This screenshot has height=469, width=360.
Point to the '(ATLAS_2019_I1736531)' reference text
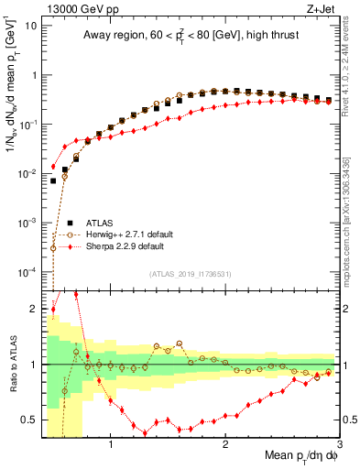pos(191,274)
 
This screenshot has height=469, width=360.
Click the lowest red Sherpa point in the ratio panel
pos(145,433)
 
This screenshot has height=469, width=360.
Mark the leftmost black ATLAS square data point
pos(53,180)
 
